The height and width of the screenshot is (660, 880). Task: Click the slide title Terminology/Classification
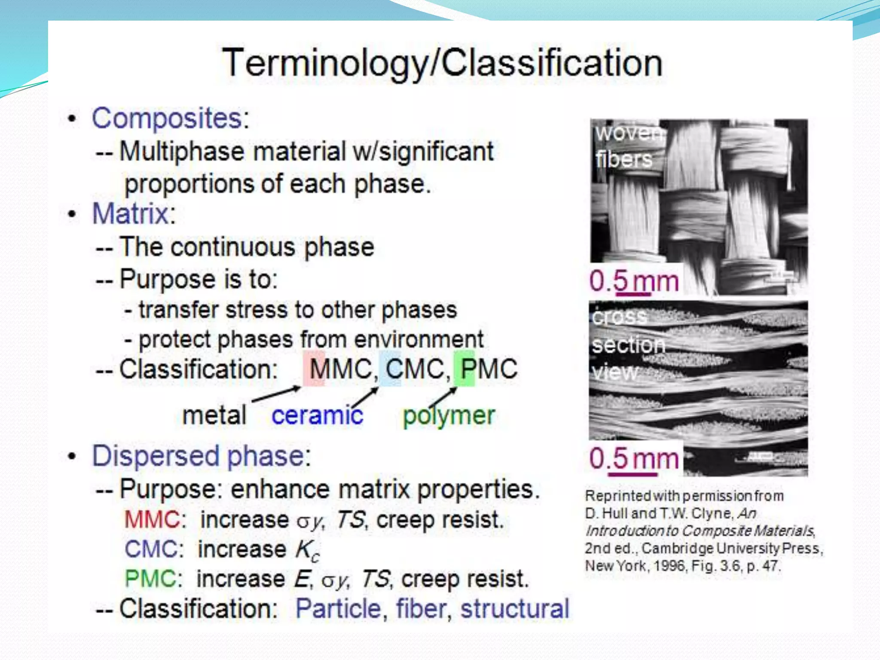pos(443,64)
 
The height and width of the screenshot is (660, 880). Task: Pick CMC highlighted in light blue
pos(415,369)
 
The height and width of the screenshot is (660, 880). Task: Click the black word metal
pos(214,416)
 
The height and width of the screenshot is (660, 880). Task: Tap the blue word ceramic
pos(317,416)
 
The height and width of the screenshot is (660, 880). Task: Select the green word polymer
pos(449,416)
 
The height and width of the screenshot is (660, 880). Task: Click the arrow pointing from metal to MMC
pos(276,394)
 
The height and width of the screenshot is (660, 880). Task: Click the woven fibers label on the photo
pos(627,146)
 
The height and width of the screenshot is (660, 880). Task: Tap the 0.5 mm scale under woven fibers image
pos(634,282)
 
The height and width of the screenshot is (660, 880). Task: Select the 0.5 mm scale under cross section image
pos(634,459)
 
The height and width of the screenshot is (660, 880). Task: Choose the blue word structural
pos(515,609)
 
